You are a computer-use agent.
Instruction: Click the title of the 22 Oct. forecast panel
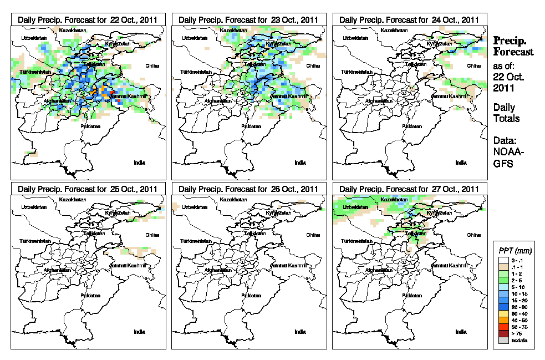click(88, 19)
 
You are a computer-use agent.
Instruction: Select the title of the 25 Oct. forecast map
click(88, 189)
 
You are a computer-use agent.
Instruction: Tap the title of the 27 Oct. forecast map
click(409, 189)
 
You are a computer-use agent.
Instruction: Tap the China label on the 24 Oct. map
click(473, 65)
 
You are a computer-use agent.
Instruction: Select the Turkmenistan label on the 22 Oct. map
click(34, 72)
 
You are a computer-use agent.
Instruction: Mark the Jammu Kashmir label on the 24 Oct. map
click(449, 97)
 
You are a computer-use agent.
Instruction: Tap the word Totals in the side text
click(506, 118)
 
